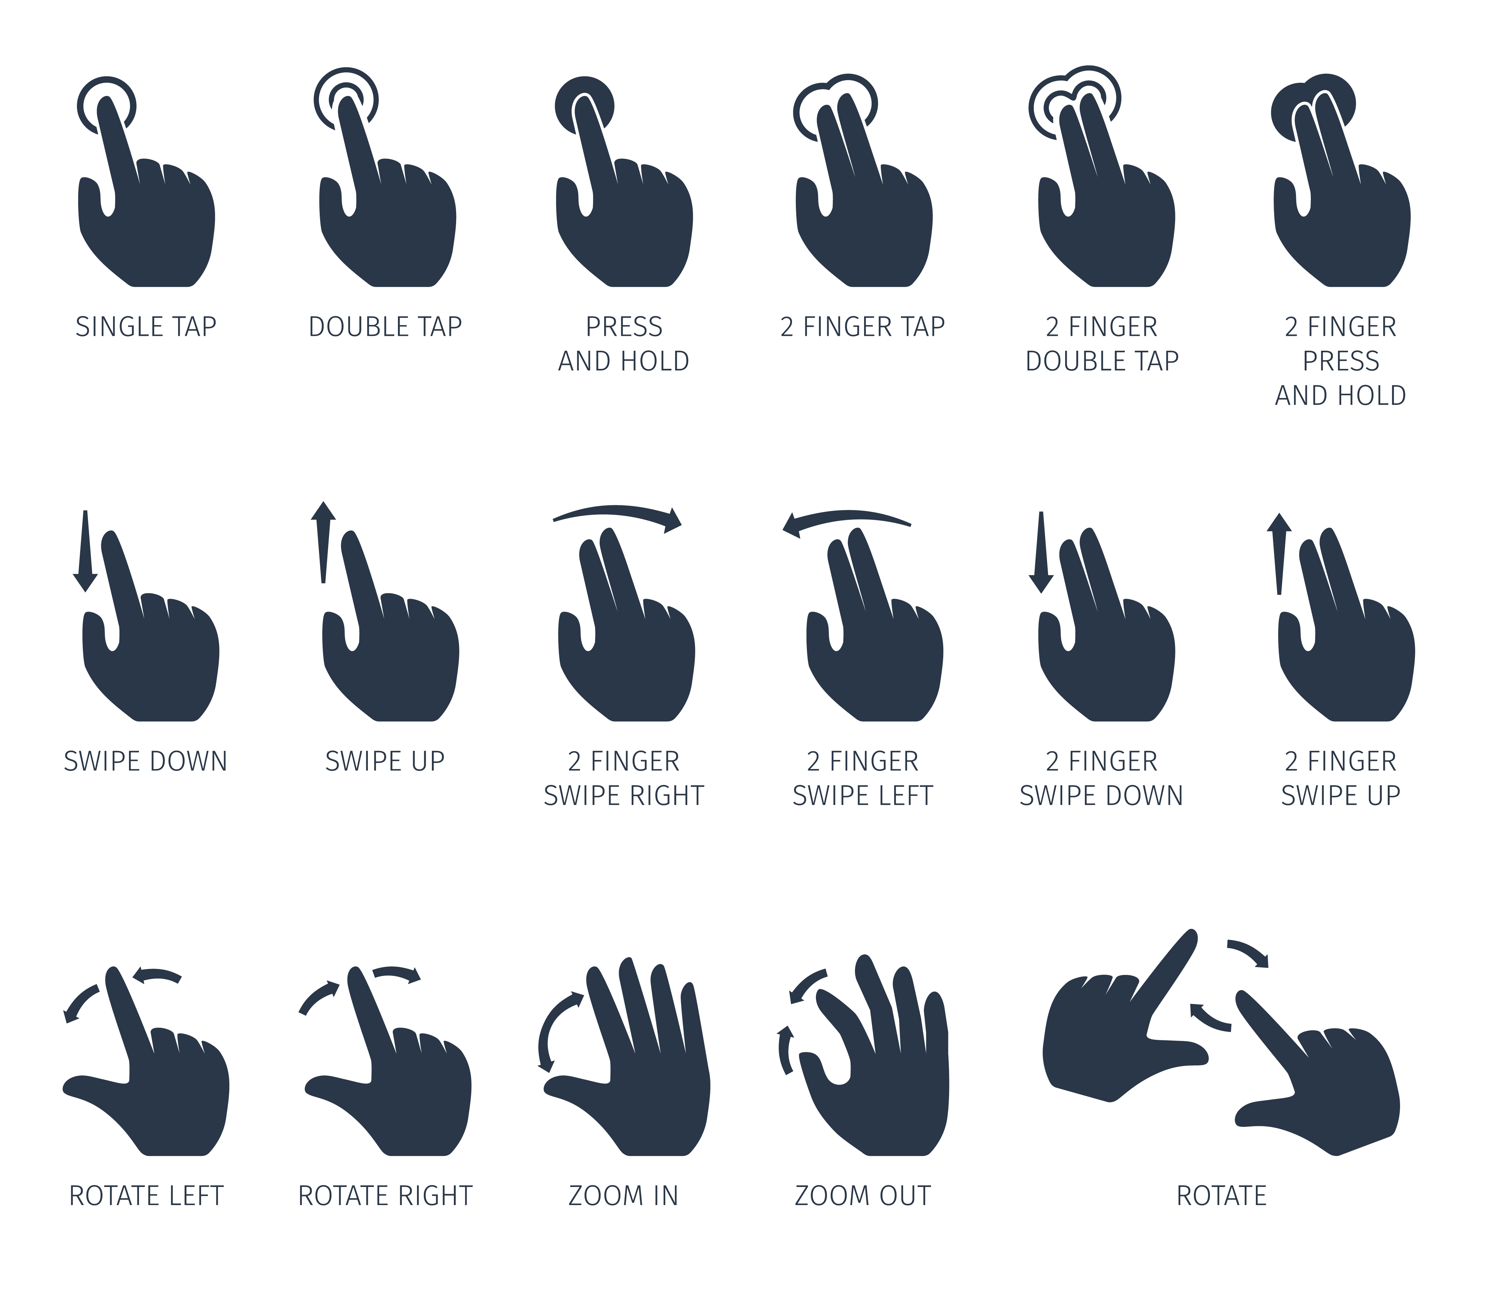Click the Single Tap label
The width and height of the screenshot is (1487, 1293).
(x=146, y=327)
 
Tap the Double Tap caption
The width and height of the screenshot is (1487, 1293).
(x=385, y=327)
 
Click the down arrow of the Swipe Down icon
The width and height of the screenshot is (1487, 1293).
(x=85, y=551)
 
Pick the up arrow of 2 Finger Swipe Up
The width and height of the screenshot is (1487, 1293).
(x=1279, y=553)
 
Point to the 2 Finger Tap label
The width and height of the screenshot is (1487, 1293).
(x=863, y=327)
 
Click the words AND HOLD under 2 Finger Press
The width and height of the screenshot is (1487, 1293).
(x=1341, y=395)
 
